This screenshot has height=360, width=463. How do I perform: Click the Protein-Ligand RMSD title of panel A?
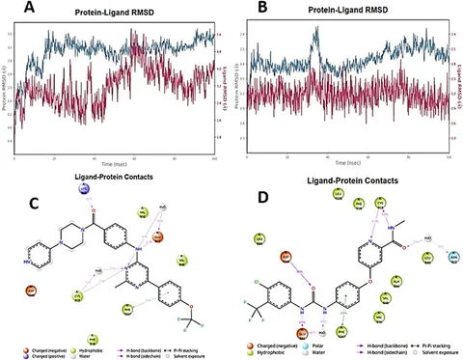(x=118, y=15)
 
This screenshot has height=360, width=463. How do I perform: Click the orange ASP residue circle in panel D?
(x=286, y=258)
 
